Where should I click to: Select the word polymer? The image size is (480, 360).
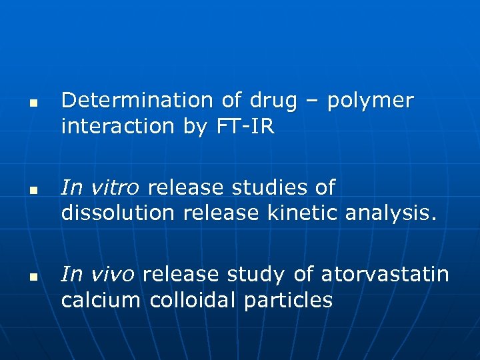(x=371, y=102)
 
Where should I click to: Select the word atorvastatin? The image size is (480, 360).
(x=385, y=274)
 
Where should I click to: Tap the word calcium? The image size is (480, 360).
(x=101, y=300)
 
